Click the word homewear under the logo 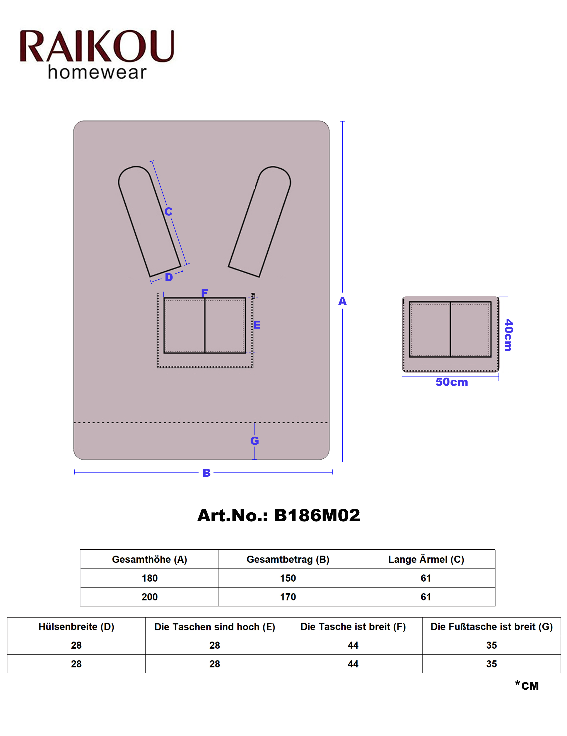coord(97,72)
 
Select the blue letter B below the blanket coord(207,473)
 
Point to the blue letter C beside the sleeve coord(168,212)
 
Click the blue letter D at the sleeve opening coord(169,277)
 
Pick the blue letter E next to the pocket coord(257,325)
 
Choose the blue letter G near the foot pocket coord(255,441)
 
